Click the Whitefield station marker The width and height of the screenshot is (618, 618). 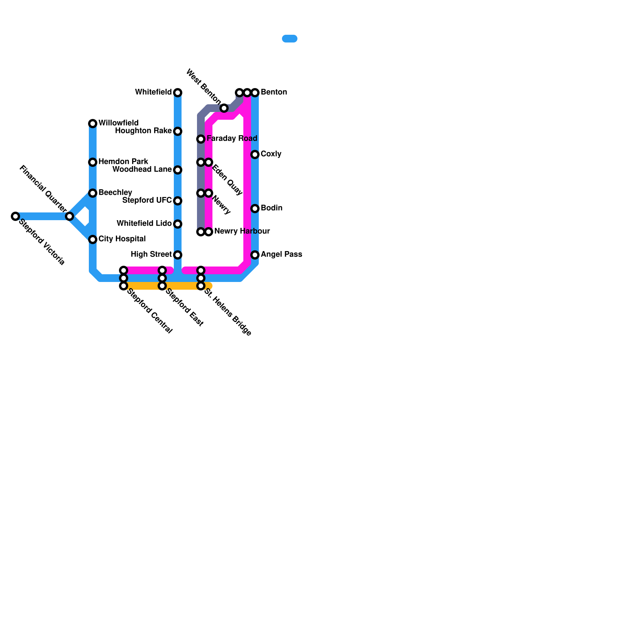pyautogui.click(x=178, y=93)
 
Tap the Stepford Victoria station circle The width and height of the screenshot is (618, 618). pyautogui.click(x=15, y=216)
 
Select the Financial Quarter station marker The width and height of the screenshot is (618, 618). pyautogui.click(x=70, y=216)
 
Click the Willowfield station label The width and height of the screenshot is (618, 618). pyautogui.click(x=118, y=123)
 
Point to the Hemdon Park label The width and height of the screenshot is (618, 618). pyautogui.click(x=123, y=161)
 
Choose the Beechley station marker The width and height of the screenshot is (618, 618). pyautogui.click(x=93, y=193)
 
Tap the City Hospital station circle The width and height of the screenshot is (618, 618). pyautogui.click(x=93, y=239)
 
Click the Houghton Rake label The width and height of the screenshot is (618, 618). pyautogui.click(x=143, y=131)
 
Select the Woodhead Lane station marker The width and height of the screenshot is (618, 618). pyautogui.click(x=178, y=170)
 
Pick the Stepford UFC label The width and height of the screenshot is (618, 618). pyautogui.click(x=147, y=200)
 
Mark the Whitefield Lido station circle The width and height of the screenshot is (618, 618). pyautogui.click(x=178, y=224)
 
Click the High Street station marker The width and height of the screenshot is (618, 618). pyautogui.click(x=178, y=255)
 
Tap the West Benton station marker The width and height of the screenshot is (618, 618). pyautogui.click(x=224, y=108)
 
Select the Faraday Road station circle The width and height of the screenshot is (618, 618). pyautogui.click(x=201, y=139)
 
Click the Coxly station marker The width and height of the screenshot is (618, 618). pyautogui.click(x=255, y=154)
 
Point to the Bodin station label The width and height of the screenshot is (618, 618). pyautogui.click(x=272, y=208)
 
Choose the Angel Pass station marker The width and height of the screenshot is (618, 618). pyautogui.click(x=255, y=255)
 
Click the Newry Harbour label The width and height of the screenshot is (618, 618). pyautogui.click(x=242, y=231)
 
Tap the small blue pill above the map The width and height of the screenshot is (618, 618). pyautogui.click(x=290, y=39)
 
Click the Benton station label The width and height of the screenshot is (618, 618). pyautogui.click(x=274, y=92)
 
